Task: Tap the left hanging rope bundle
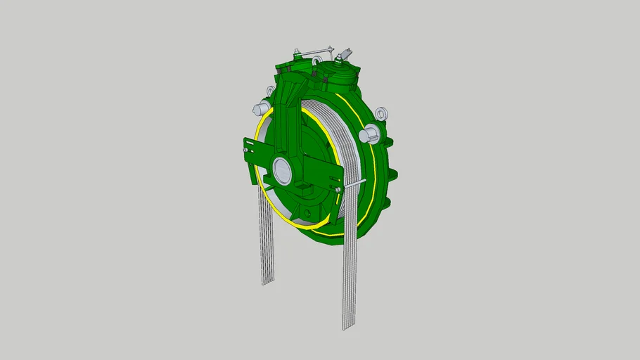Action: [267, 239]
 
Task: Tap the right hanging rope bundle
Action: [351, 267]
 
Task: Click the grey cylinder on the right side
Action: [366, 135]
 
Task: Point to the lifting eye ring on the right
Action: [382, 114]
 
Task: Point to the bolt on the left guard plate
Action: [245, 148]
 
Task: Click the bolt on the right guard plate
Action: [338, 189]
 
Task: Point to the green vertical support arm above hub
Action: [288, 120]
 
